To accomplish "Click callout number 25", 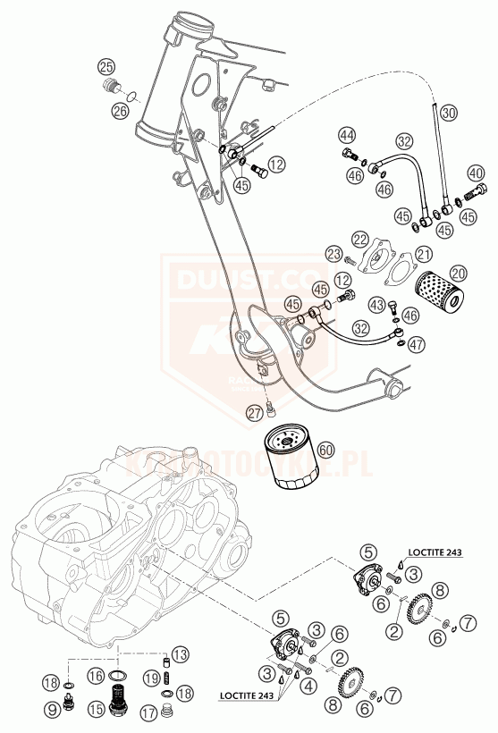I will coord(106,67).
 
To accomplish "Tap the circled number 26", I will coord(120,111).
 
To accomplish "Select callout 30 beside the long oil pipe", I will coord(449,113).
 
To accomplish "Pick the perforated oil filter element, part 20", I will coord(437,291).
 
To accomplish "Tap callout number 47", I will coord(416,343).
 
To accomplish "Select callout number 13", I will coord(179,654).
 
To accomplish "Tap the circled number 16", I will coord(95,677).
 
